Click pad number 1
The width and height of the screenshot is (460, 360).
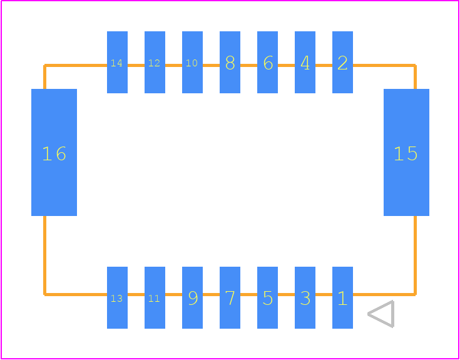[342, 297]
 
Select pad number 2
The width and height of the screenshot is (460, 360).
[342, 62]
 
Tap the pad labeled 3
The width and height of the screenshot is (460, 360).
[305, 297]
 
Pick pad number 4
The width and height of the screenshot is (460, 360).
[305, 62]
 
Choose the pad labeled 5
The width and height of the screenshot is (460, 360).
[267, 297]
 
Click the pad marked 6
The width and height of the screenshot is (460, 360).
[267, 62]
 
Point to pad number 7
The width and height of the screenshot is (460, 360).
[230, 297]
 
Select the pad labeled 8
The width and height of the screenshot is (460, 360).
[230, 62]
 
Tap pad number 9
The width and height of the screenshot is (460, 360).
[192, 297]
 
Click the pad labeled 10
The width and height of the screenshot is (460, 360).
[192, 62]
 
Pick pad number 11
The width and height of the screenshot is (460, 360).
[155, 297]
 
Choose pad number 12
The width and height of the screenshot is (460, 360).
[155, 62]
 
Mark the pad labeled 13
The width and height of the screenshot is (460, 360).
[117, 297]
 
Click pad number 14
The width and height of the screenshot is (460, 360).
[117, 62]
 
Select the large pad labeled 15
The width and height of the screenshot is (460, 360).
[406, 152]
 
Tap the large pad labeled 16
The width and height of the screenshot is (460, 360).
[54, 152]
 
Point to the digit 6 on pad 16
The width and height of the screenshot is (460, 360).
[61, 154]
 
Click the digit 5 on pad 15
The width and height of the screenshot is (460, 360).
[412, 154]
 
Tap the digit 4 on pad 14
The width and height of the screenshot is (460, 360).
[120, 63]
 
